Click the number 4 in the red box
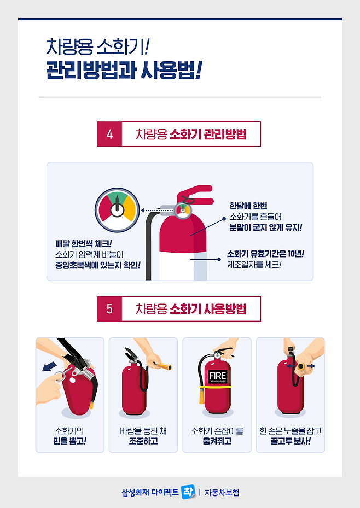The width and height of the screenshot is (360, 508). pos(109,134)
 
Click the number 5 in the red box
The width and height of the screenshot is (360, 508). pos(109,309)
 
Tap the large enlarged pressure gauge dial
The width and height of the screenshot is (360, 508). pos(117,210)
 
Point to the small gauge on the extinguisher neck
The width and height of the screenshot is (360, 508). pos(183,210)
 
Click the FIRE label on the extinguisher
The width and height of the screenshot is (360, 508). pos(217,376)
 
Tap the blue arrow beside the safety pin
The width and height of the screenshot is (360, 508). pos(49,367)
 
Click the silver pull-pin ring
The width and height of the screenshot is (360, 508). pos(60,376)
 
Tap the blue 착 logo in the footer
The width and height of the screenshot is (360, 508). pos(188,492)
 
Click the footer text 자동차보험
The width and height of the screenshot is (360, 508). pos(222,493)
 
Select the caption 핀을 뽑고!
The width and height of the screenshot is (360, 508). pos(69,441)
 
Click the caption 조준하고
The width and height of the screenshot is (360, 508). pos(143,441)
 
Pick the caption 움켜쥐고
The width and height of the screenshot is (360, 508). pos(217,441)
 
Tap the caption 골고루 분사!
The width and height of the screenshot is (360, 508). pos(291,441)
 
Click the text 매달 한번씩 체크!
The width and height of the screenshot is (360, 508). pos(84,244)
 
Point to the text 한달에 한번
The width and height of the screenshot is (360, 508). pos(248,206)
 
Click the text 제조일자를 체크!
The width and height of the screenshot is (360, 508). pos(254,265)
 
